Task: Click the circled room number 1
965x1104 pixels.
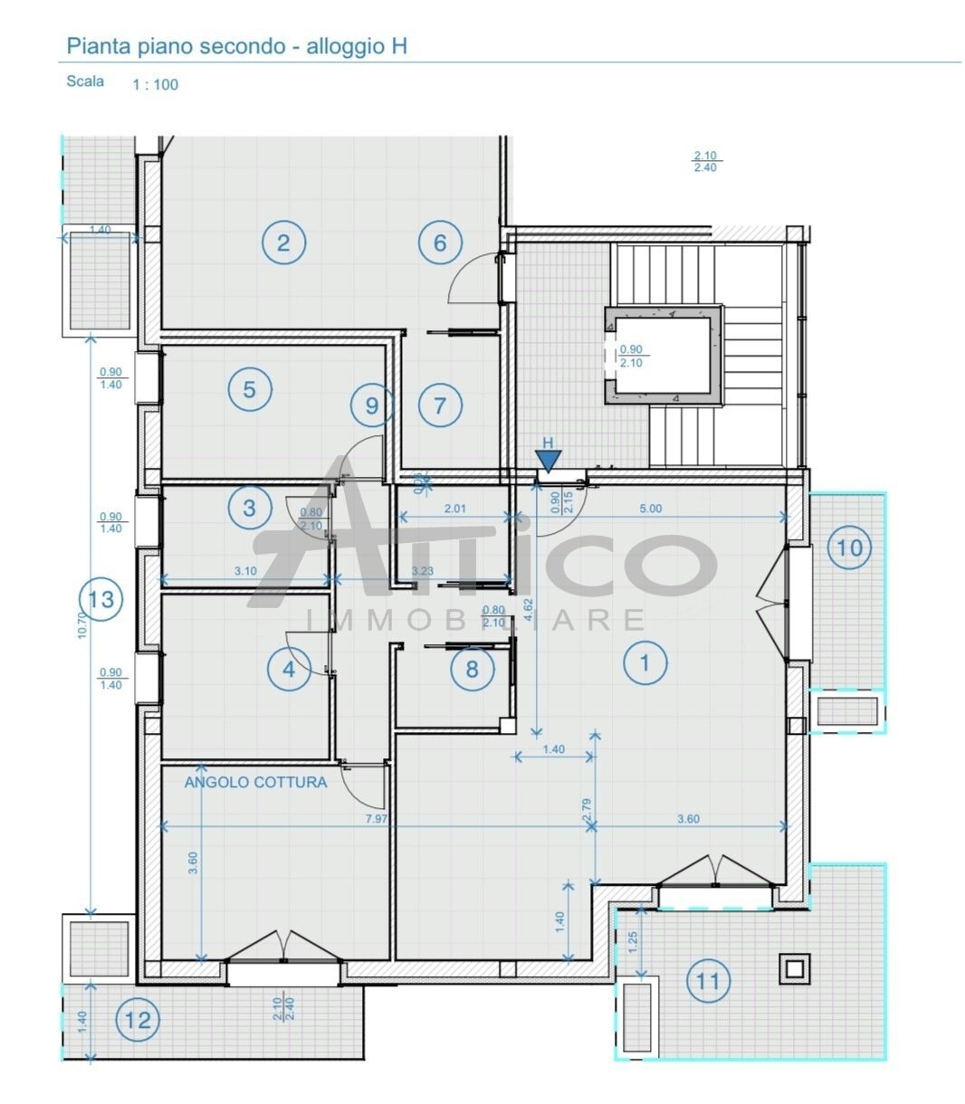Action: (x=645, y=663)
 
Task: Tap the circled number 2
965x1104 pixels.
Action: (x=284, y=243)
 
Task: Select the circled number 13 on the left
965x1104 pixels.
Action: (x=101, y=599)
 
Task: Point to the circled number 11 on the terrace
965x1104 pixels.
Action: (x=708, y=981)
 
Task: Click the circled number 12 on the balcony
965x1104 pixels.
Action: (x=138, y=1021)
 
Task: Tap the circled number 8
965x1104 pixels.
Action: (x=472, y=669)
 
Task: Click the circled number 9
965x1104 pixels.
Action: (x=372, y=405)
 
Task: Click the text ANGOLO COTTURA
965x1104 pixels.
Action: (x=255, y=782)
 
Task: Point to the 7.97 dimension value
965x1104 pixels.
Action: (x=377, y=819)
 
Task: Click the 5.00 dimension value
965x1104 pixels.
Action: (x=650, y=509)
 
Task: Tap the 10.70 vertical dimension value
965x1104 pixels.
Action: (x=82, y=625)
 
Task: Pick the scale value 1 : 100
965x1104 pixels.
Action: (x=156, y=85)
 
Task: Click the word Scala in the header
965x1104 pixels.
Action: (x=85, y=81)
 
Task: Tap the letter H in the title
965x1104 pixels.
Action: (x=398, y=46)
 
